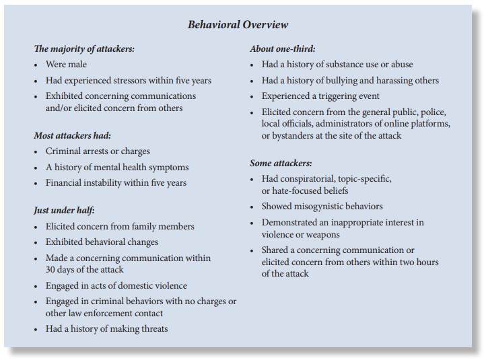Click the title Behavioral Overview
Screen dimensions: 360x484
coord(238,25)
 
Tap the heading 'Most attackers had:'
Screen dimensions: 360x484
coord(71,136)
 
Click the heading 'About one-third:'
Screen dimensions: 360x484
coord(283,49)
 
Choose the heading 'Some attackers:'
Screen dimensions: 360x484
coord(281,163)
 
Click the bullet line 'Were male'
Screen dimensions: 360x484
coord(66,65)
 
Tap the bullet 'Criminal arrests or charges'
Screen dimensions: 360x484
coord(98,151)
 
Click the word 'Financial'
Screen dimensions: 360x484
coord(65,183)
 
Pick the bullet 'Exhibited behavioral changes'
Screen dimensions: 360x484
coord(102,242)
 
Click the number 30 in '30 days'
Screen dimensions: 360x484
coord(52,270)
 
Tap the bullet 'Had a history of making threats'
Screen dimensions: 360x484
coord(106,329)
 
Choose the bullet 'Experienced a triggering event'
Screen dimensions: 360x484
coord(320,96)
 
